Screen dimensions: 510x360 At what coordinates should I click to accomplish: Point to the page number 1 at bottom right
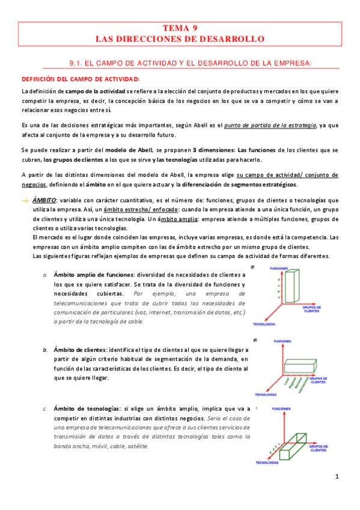point(338,477)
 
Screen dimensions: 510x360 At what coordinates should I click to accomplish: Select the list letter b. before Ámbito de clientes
point(45,349)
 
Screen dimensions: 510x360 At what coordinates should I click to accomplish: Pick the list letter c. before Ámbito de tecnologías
point(45,409)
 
